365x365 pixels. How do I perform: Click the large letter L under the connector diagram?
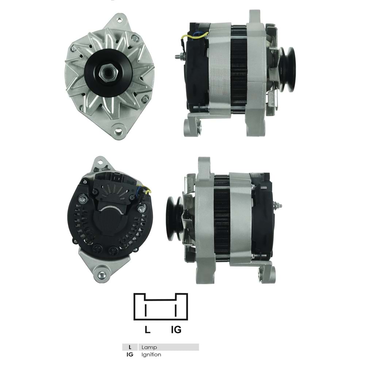pyautogui.click(x=147, y=330)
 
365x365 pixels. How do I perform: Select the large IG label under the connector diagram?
pyautogui.click(x=176, y=330)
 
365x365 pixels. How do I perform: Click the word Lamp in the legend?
pyautogui.click(x=149, y=347)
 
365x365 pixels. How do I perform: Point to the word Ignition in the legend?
pyautogui.click(x=151, y=354)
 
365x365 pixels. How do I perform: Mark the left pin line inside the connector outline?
pyautogui.click(x=146, y=311)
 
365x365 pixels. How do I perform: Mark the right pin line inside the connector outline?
pyautogui.click(x=176, y=311)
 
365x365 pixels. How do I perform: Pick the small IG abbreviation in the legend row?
pyautogui.click(x=130, y=354)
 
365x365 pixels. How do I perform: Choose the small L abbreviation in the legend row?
pyautogui.click(x=130, y=347)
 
